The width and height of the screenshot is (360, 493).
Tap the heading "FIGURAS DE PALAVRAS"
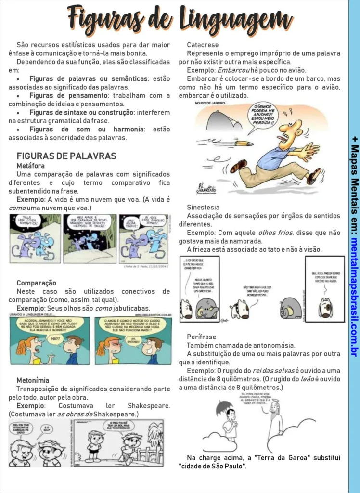click(x=66, y=156)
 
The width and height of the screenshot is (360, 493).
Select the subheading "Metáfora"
click(x=31, y=165)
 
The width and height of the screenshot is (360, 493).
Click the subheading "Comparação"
click(x=37, y=283)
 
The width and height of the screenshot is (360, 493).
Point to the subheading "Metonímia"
click(x=33, y=380)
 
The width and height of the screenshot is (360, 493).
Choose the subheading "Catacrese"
click(x=203, y=45)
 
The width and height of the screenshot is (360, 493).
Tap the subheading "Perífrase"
click(x=202, y=337)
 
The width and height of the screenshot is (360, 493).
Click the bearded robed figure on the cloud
click(x=275, y=419)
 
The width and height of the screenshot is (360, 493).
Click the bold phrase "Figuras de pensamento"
click(x=68, y=96)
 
